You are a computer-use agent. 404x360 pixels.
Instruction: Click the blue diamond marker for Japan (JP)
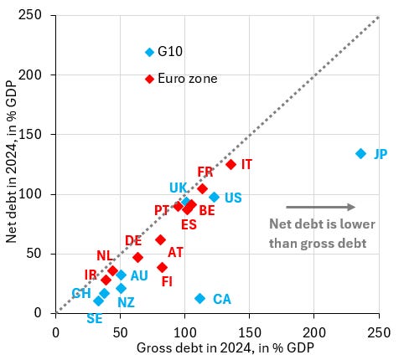click(x=360, y=153)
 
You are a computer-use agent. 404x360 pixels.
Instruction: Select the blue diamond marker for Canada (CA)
click(x=199, y=298)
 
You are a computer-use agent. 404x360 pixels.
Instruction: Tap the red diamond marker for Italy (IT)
click(x=230, y=165)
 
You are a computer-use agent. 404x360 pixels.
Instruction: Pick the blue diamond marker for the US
click(x=214, y=198)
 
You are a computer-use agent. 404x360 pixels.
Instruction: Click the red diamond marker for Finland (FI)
click(x=162, y=268)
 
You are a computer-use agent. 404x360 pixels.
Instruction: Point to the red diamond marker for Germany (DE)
click(x=137, y=258)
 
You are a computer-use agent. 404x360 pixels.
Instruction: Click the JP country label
click(x=381, y=154)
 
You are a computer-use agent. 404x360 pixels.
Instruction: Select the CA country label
click(x=222, y=299)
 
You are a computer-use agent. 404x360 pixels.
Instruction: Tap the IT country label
click(x=246, y=165)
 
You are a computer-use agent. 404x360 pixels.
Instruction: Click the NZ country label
click(x=126, y=302)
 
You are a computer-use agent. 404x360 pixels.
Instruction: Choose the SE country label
click(x=95, y=318)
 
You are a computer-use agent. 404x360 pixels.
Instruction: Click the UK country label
click(x=179, y=188)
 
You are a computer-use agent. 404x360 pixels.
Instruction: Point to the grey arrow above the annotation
click(x=320, y=207)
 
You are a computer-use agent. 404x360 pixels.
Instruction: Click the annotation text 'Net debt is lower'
click(x=322, y=224)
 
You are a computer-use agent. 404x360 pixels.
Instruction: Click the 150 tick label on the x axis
click(x=250, y=331)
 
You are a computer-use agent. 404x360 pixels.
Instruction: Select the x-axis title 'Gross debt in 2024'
click(x=217, y=347)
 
